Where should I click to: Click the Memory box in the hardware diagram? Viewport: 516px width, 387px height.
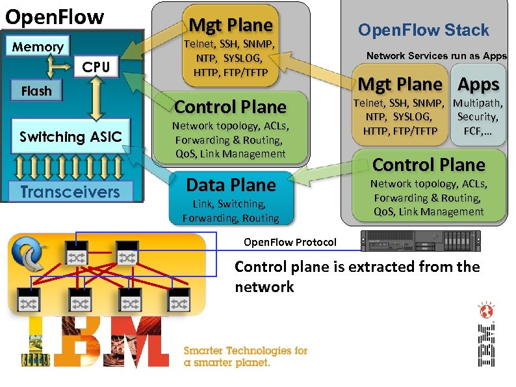pyautogui.click(x=38, y=47)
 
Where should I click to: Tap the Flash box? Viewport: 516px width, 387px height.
pyautogui.click(x=36, y=91)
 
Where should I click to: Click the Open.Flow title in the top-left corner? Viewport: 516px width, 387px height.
pyautogui.click(x=55, y=17)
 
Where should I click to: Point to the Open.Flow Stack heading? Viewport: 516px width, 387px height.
pyautogui.click(x=423, y=30)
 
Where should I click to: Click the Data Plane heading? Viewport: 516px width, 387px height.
pyautogui.click(x=231, y=185)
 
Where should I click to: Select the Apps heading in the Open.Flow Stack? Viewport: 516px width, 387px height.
pyautogui.click(x=478, y=85)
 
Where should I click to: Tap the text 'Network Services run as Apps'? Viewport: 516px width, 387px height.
pyautogui.click(x=436, y=56)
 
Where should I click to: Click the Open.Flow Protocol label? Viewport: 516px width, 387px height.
pyautogui.click(x=290, y=243)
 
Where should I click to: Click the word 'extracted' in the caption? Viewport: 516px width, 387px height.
pyautogui.click(x=376, y=267)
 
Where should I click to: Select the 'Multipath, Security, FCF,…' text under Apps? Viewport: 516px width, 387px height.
pyautogui.click(x=478, y=117)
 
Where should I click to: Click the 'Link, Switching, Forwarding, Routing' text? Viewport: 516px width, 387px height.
pyautogui.click(x=231, y=211)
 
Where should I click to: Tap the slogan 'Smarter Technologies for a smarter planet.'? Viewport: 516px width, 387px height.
pyautogui.click(x=246, y=356)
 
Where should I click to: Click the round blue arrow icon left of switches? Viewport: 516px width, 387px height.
pyautogui.click(x=29, y=256)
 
